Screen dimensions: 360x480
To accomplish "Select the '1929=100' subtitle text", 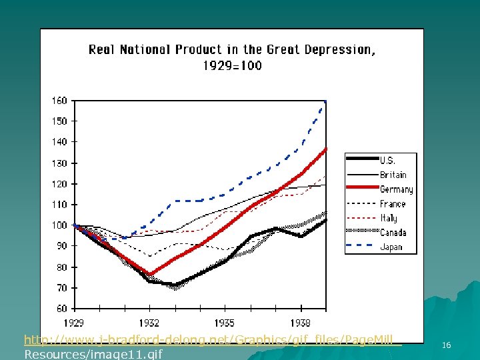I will (232, 65).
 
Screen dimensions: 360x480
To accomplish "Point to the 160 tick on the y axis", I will (59, 101).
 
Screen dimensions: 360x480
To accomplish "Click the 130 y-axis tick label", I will (59, 163).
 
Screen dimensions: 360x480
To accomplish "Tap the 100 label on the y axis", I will (59, 225).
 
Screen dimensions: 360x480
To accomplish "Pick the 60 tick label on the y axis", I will (61, 309).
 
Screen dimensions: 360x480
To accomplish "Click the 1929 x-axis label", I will (73, 323).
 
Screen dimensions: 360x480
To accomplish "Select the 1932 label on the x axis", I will (149, 323).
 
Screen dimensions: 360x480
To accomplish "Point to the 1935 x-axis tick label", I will (225, 323).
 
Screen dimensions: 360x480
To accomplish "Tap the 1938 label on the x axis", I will (301, 323).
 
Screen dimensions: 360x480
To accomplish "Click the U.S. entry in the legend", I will (387, 161).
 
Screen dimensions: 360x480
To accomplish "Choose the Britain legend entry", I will (393, 175).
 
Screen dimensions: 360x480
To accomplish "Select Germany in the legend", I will (396, 189).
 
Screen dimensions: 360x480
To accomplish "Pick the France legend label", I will (393, 204).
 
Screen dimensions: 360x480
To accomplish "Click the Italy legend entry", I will (389, 218).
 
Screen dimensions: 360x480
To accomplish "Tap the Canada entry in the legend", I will (394, 233).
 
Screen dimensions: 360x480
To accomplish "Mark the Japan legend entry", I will (391, 247).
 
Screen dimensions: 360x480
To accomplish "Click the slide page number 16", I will (446, 345).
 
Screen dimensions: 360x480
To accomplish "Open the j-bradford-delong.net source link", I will (212, 339).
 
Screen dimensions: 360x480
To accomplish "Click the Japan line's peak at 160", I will (325, 101).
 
